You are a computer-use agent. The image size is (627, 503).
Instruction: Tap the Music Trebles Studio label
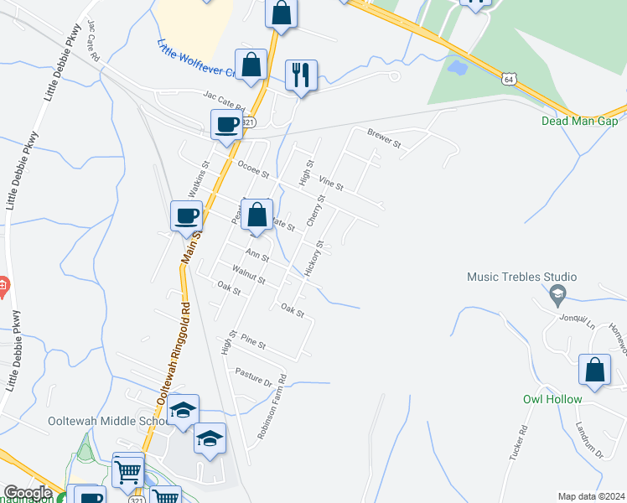coord(521,277)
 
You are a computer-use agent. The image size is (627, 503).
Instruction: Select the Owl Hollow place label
coord(552,399)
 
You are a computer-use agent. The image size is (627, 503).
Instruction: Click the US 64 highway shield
coord(509,79)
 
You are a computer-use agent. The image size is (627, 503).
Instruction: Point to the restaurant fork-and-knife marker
coord(300,75)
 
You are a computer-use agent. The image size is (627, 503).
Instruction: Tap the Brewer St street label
coord(386,138)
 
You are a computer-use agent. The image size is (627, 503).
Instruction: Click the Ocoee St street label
coord(252,169)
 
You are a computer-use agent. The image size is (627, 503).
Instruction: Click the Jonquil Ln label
coord(579,321)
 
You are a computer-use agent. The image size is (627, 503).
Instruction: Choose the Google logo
coord(28,493)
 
